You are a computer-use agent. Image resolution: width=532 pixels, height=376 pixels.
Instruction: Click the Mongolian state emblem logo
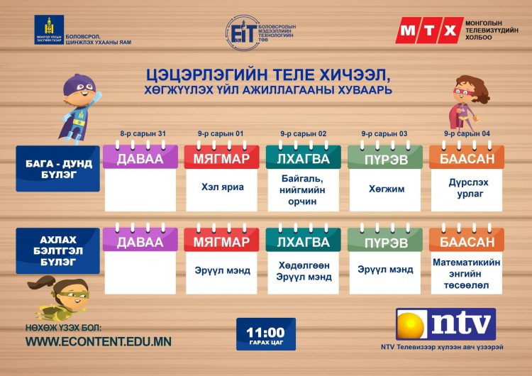click(48, 30)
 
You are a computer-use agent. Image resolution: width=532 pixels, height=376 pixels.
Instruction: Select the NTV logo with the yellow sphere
click(445, 326)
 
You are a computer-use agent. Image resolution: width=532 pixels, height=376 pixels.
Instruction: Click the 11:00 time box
click(265, 333)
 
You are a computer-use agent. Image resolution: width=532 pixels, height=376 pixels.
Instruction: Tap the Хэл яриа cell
click(221, 188)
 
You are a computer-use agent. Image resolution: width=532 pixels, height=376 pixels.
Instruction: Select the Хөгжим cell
click(384, 189)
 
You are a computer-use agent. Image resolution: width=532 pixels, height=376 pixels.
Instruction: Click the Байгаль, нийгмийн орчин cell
click(302, 189)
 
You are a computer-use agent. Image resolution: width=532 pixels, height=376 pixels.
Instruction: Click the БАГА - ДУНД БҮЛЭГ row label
click(58, 169)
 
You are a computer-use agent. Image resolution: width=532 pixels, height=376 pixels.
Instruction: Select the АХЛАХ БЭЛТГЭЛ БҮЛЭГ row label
click(58, 250)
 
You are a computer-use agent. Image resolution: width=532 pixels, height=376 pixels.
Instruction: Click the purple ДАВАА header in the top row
click(140, 159)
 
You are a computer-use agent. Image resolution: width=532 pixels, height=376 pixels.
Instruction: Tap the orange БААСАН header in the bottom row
click(466, 242)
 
